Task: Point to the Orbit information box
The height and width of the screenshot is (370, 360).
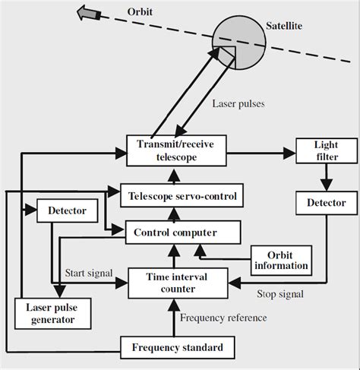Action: coord(280,259)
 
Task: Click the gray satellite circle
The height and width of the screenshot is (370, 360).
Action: coord(242,43)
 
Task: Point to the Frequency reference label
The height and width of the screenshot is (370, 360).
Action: coord(223,318)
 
